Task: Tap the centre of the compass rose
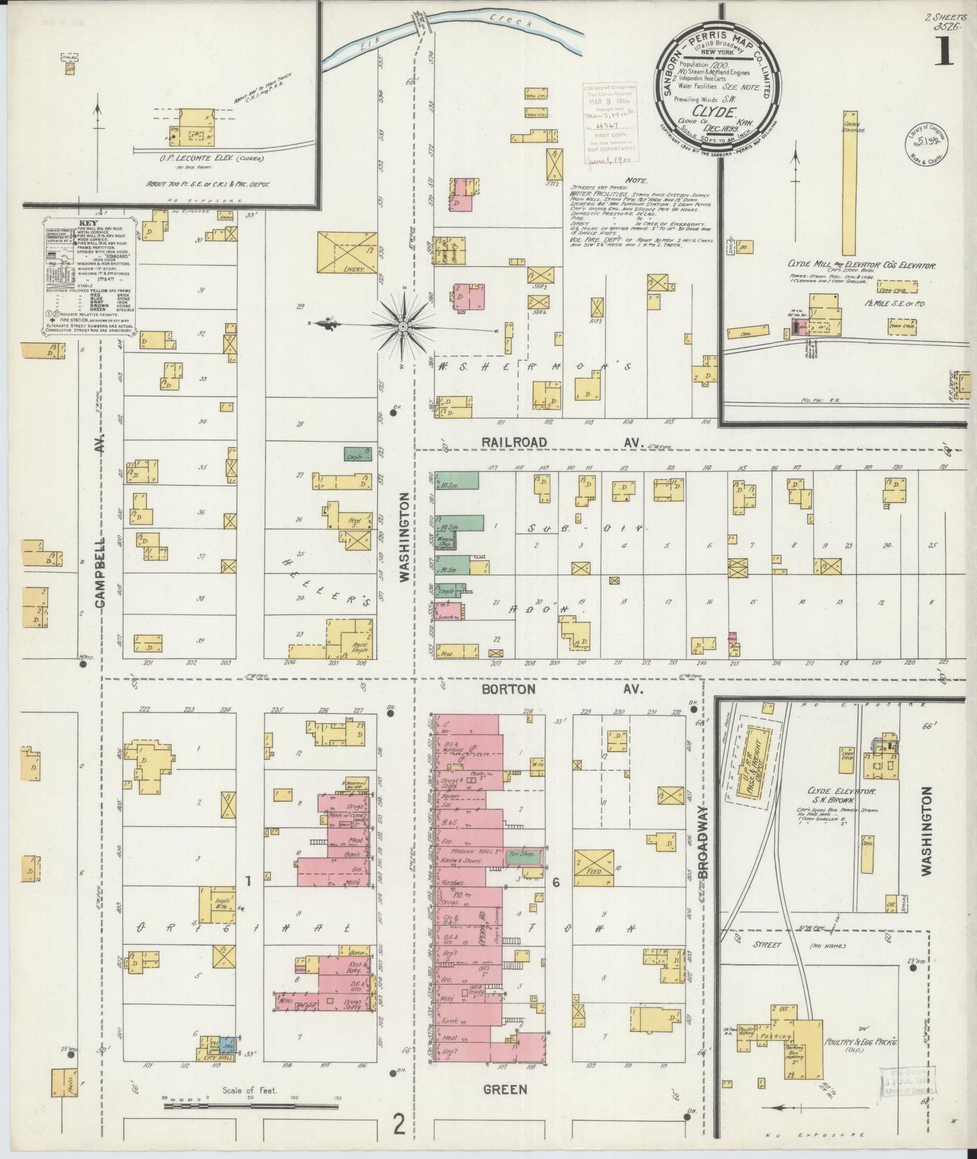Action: click(403, 326)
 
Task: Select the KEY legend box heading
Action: click(87, 222)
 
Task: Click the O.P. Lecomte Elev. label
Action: click(201, 159)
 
